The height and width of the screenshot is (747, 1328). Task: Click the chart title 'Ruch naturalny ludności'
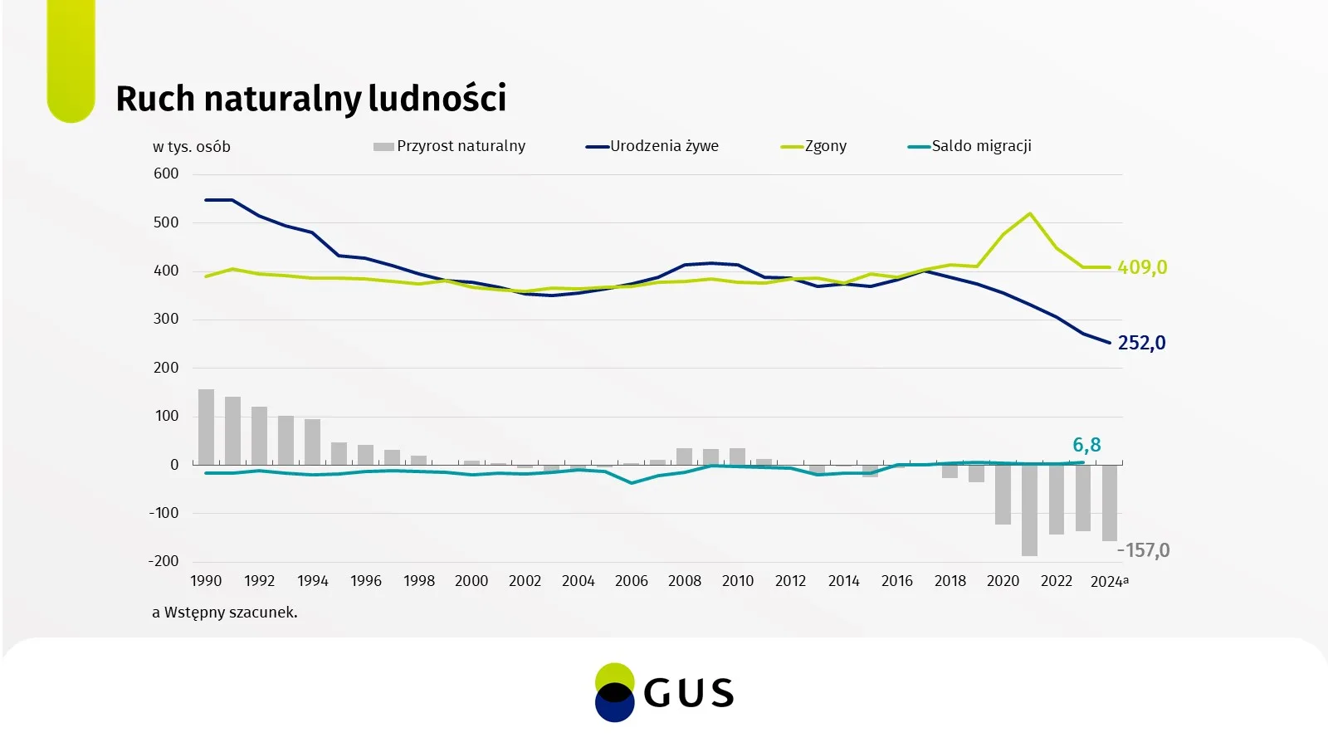310,98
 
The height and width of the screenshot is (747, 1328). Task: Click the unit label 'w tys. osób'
192,147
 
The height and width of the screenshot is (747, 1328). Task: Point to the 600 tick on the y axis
166,173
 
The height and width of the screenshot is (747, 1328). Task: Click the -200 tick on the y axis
164,561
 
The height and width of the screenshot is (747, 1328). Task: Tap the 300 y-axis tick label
166,319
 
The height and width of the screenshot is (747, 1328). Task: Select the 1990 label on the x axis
206,581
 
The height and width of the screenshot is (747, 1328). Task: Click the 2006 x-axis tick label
631,581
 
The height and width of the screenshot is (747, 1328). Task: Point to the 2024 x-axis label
1107,581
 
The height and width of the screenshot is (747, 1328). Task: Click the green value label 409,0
1142,267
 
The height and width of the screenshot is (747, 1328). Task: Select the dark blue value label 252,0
1141,343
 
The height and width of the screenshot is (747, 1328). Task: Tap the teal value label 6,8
1086,445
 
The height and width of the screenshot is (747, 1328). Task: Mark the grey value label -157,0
1144,550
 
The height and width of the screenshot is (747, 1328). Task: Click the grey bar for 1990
206,427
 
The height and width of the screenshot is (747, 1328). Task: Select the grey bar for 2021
1029,510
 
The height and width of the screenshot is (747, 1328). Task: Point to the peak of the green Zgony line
1030,213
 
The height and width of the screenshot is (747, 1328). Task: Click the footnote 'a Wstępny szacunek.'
225,613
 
